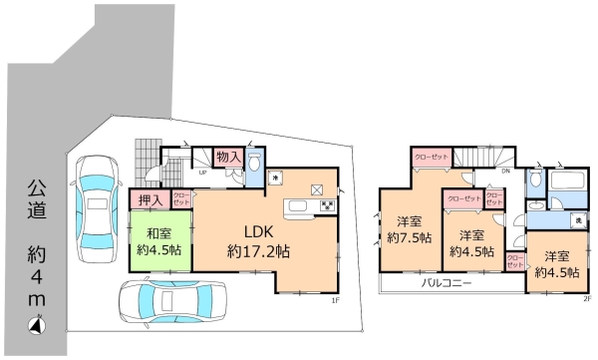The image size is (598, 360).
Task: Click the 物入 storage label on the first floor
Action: pyautogui.click(x=228, y=158)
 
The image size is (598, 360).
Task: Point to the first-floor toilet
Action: pyautogui.click(x=254, y=165)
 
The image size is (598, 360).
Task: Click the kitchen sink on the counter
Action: pyautogui.click(x=297, y=207)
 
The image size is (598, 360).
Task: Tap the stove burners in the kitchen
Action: pyautogui.click(x=325, y=207)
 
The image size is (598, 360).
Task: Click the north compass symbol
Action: pyautogui.click(x=36, y=323)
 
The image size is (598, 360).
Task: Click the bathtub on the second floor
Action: pyautogui.click(x=569, y=184)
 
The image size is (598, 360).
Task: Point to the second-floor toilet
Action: pyautogui.click(x=537, y=180)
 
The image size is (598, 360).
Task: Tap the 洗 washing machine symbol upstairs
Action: pyautogui.click(x=577, y=218)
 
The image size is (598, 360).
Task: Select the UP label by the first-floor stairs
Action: pyautogui.click(x=204, y=171)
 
